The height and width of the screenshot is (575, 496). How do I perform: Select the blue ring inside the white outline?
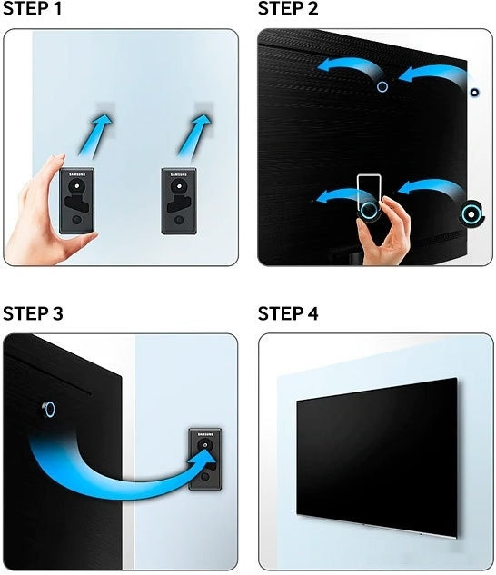(369, 210)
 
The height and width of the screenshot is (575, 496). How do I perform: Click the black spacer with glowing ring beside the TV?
(470, 213)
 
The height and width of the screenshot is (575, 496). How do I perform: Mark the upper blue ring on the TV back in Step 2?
(382, 87)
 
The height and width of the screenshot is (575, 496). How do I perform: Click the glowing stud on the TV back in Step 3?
(48, 410)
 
